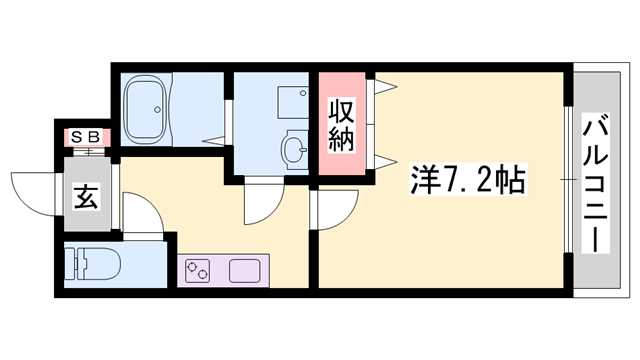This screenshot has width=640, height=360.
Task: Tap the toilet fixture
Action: [x=101, y=264]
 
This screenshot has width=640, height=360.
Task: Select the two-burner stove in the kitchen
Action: [x=197, y=270]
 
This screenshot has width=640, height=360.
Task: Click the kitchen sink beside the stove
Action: [x=245, y=270]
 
